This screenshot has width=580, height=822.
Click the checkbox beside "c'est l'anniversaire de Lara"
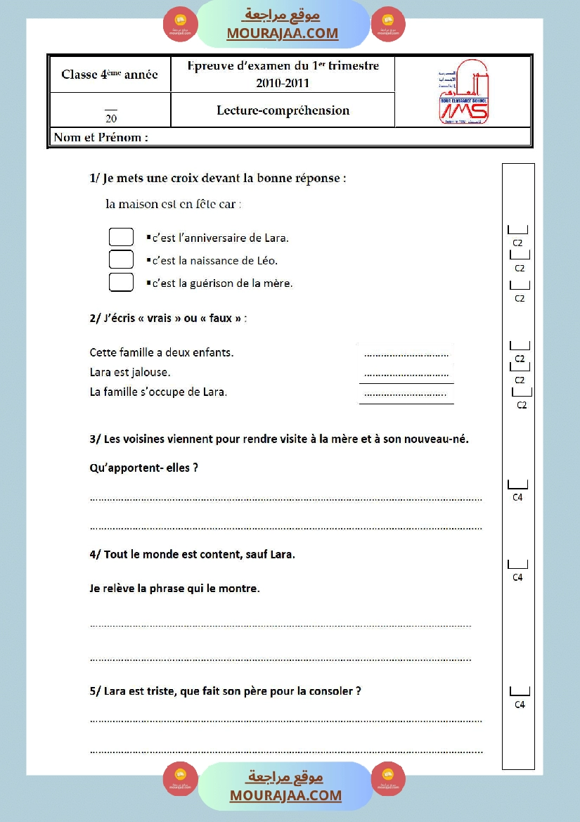click(x=121, y=237)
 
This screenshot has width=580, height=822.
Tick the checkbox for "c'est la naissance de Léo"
click(x=121, y=259)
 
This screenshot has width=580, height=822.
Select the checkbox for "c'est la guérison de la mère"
click(x=121, y=283)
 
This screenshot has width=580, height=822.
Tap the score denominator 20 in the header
click(x=111, y=118)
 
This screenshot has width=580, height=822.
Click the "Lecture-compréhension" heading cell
click(x=283, y=110)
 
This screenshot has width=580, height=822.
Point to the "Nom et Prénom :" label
click(x=101, y=138)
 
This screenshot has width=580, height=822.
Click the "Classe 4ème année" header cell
click(x=110, y=75)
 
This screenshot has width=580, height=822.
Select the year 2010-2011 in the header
click(x=283, y=83)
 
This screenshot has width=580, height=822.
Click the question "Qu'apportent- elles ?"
click(x=144, y=468)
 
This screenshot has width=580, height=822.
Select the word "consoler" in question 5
click(x=331, y=691)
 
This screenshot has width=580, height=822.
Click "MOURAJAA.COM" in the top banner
click(x=283, y=33)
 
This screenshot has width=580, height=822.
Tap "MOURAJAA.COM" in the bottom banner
click(x=285, y=795)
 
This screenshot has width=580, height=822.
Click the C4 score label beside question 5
click(x=520, y=705)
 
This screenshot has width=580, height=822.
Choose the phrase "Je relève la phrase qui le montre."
click(x=175, y=589)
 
